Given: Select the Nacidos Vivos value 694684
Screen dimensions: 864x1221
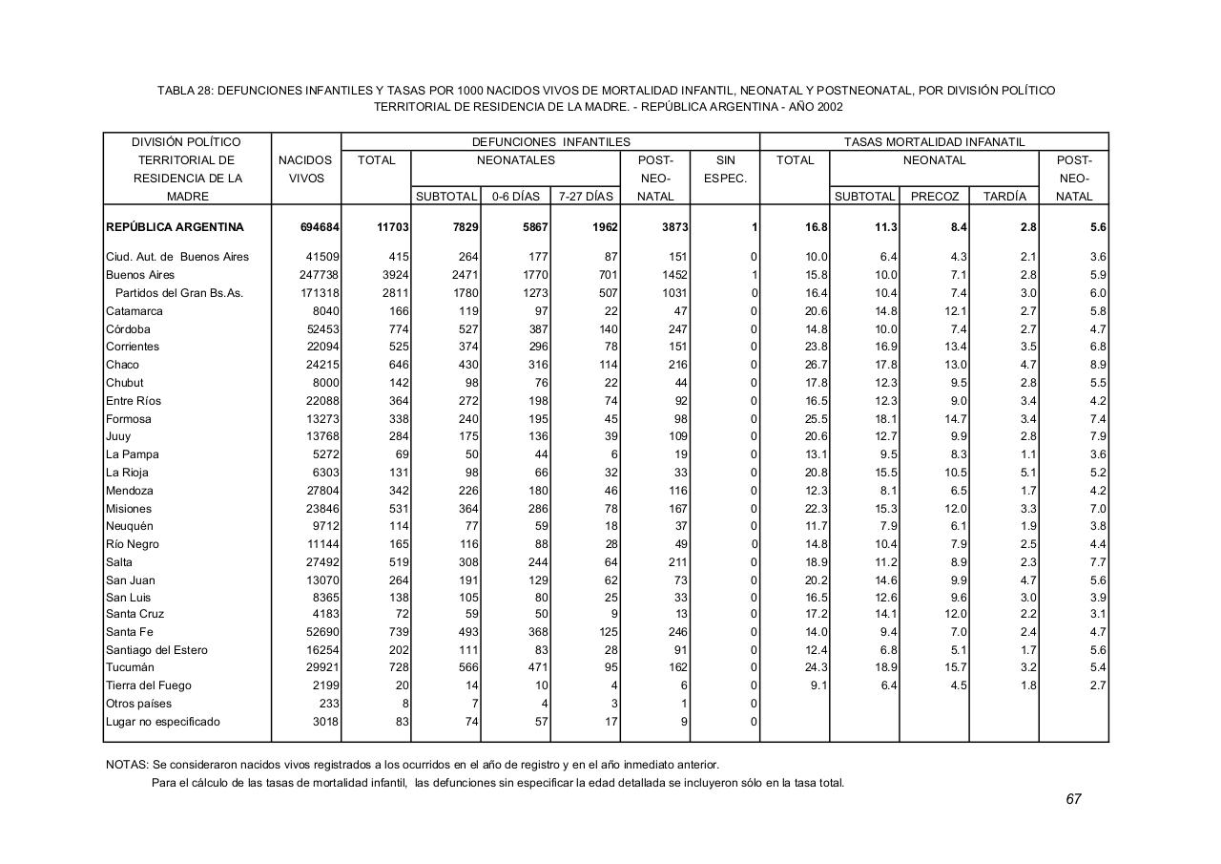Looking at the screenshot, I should pos(320,228).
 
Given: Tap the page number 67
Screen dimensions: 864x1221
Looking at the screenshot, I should pos(1073,799).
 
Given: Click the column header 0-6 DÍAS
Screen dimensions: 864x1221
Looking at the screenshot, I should pos(515,197).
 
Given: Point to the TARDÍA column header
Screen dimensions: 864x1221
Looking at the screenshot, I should pos(1004,197).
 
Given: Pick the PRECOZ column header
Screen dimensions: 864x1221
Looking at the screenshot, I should pos(934,197).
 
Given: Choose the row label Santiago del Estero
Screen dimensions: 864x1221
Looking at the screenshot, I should pos(157,650).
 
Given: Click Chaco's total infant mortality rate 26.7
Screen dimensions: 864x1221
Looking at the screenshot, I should pos(816,365).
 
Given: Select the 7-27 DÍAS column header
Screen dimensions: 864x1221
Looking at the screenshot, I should pos(586,197).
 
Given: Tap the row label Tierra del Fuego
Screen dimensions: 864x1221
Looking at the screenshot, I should pos(148,685).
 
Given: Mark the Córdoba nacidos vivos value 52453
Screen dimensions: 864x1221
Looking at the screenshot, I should pos(321,329).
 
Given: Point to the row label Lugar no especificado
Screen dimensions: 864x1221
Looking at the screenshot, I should pos(162,722).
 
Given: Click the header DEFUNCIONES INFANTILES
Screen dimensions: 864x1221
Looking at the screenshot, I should pos(550,142).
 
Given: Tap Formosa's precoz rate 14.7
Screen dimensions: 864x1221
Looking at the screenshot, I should pos(955,419).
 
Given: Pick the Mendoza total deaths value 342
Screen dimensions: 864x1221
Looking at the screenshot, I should pos(396,491).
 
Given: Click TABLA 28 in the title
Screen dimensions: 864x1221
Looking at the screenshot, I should pos(185,91).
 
